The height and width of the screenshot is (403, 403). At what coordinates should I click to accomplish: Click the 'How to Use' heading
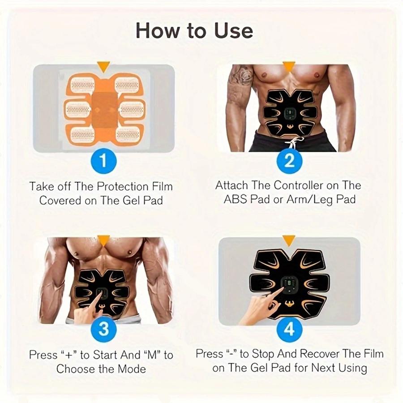(194, 30)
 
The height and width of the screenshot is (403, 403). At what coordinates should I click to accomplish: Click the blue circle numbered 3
(103, 330)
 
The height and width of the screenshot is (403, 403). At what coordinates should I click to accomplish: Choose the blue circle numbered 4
(290, 330)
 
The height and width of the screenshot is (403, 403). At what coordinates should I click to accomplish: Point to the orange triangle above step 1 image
(104, 67)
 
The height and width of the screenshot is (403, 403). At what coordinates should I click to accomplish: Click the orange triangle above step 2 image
(289, 67)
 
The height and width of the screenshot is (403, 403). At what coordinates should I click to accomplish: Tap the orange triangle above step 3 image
(104, 241)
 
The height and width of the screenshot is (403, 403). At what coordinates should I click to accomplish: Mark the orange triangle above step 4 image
(289, 240)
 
